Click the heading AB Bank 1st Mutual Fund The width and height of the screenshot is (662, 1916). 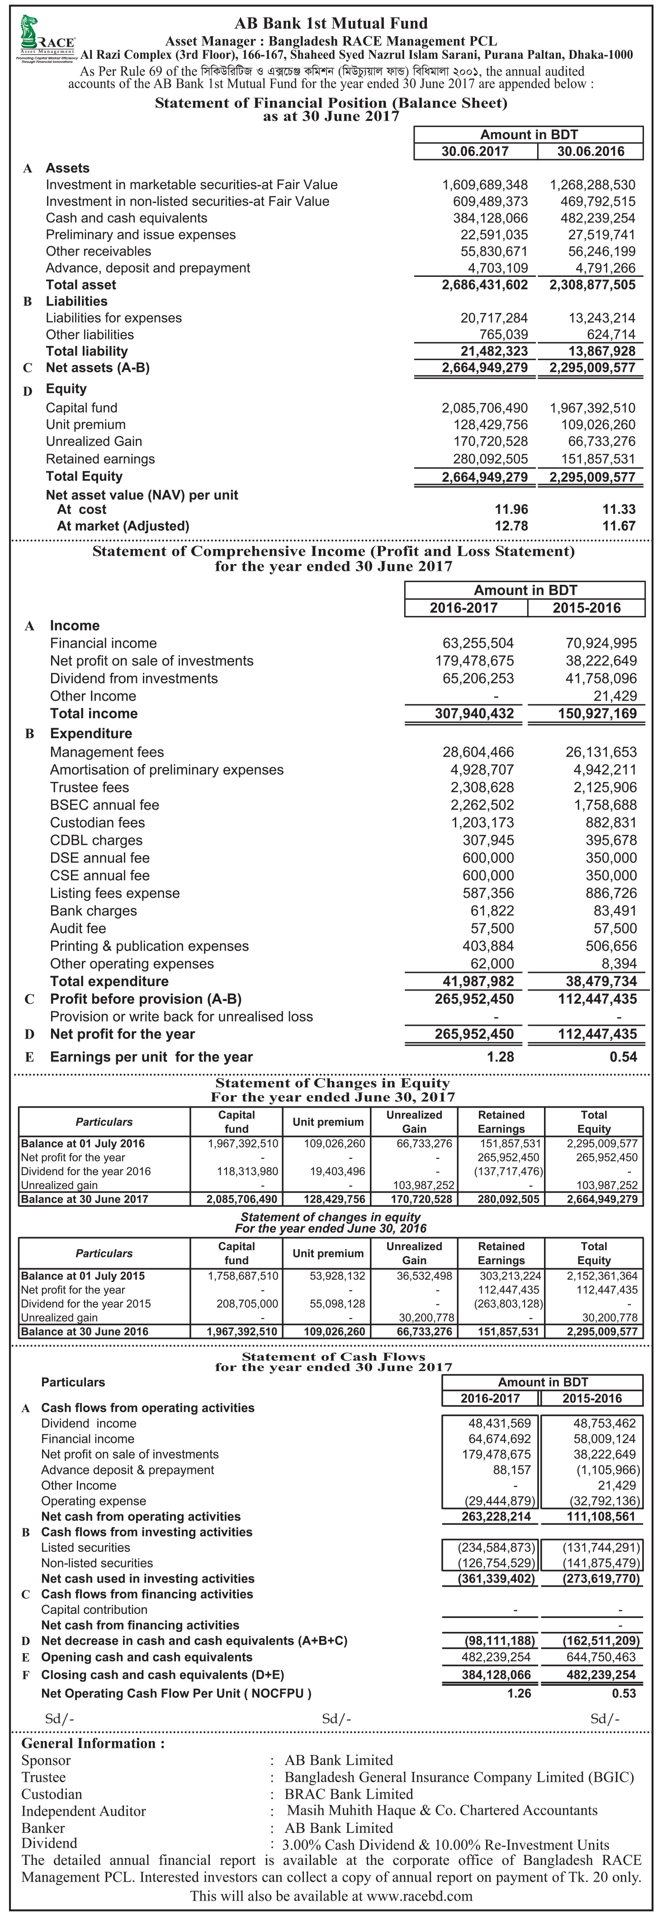click(331, 24)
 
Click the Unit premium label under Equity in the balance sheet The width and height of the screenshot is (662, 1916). click(85, 425)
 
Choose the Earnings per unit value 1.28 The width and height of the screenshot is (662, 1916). click(500, 1057)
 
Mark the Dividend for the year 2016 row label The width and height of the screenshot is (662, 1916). click(85, 1171)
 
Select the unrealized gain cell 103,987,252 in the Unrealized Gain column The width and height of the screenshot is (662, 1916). click(414, 1186)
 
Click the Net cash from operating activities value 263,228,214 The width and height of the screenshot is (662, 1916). click(496, 1517)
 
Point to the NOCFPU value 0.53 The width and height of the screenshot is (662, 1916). click(623, 1693)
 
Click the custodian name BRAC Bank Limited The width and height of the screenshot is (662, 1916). click(349, 1795)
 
